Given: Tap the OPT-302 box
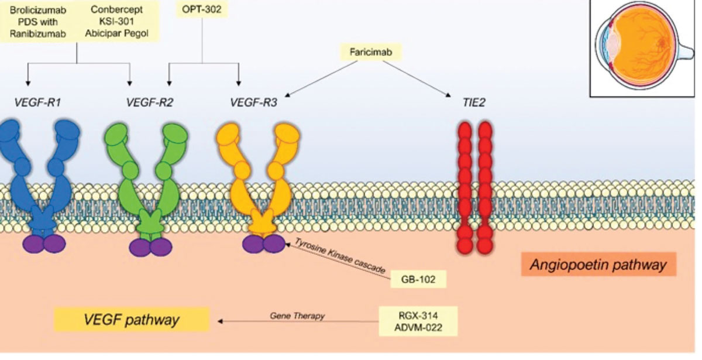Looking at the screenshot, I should pyautogui.click(x=202, y=10).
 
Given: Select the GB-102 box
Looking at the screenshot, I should pyautogui.click(x=418, y=278).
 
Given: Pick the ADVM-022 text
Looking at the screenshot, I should pyautogui.click(x=418, y=325).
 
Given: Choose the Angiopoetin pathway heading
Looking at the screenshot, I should pyautogui.click(x=598, y=265).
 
